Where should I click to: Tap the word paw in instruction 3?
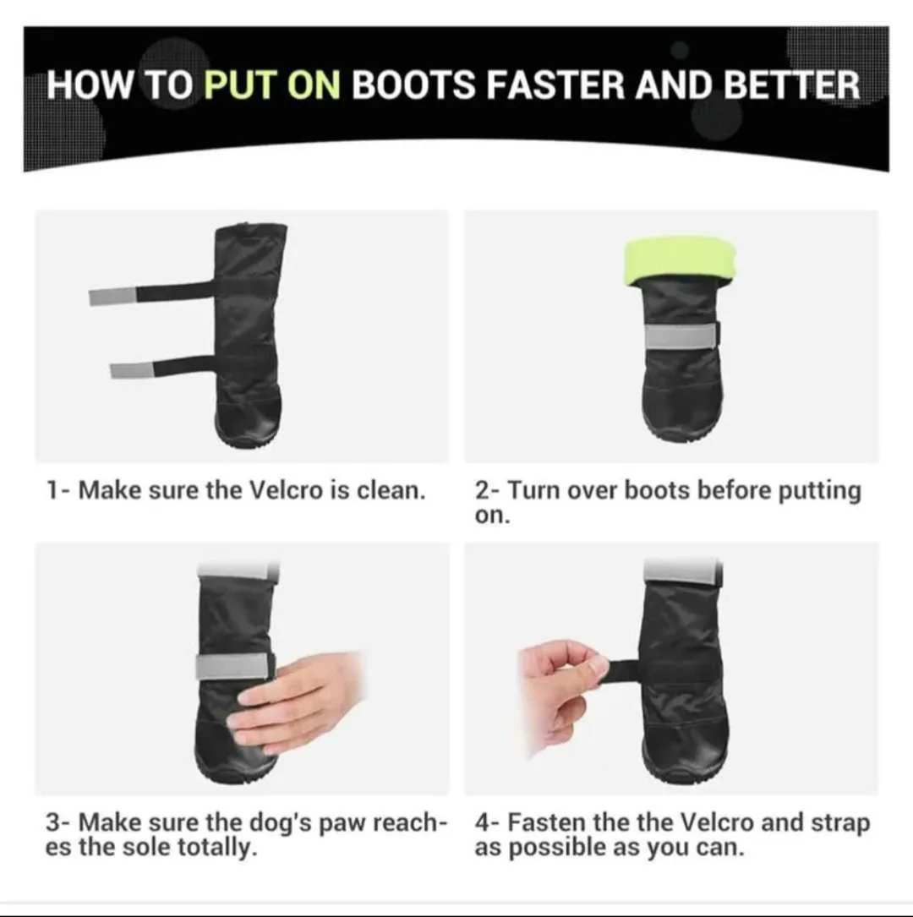348,822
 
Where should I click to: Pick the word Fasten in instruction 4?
546,822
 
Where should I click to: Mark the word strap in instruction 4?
839,822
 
